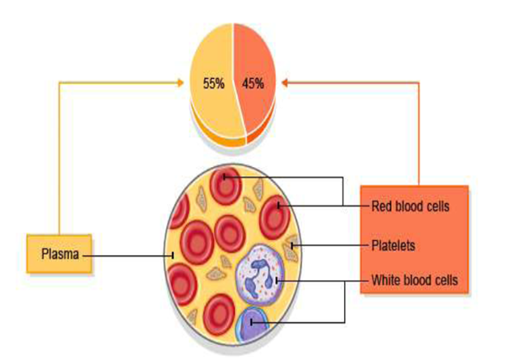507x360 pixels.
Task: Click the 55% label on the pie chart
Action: pos(212,83)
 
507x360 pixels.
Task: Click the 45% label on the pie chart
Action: pos(253,83)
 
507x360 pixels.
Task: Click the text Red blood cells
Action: pos(411,206)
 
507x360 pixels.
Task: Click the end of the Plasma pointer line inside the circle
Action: pos(173,254)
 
